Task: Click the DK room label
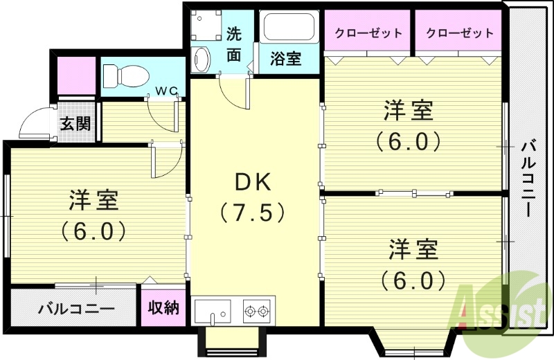[252, 183]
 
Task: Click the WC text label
[166, 89]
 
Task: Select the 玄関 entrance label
[75, 124]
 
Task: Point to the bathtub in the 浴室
[289, 28]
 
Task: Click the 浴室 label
[285, 59]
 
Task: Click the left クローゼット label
[368, 33]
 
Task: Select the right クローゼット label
[460, 33]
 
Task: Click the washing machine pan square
[206, 26]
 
